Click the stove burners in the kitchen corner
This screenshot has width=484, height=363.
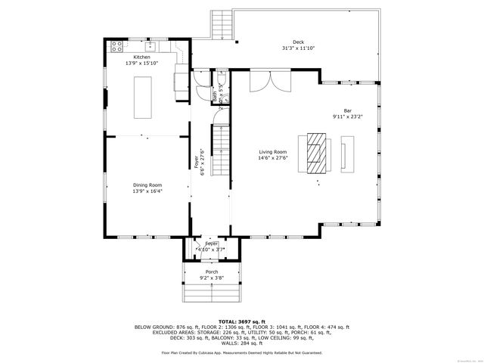tap(117, 45)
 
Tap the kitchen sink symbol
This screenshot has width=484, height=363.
tap(150, 45)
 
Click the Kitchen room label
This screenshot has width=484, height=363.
tap(141, 57)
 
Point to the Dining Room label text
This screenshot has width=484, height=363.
tap(147, 185)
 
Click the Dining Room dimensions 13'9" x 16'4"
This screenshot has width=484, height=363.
tap(147, 191)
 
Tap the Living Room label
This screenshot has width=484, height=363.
tap(273, 151)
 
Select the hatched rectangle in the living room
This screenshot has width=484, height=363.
tap(314, 154)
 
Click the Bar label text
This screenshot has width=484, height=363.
tap(348, 110)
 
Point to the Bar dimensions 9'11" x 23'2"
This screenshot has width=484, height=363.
tap(348, 116)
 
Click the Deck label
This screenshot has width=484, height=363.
tap(298, 42)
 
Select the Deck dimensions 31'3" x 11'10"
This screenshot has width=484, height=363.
tap(298, 48)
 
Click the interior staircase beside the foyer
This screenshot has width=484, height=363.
tap(219, 147)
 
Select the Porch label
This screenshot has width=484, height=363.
tap(212, 271)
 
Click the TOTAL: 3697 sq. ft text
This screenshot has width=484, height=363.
tap(241, 321)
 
